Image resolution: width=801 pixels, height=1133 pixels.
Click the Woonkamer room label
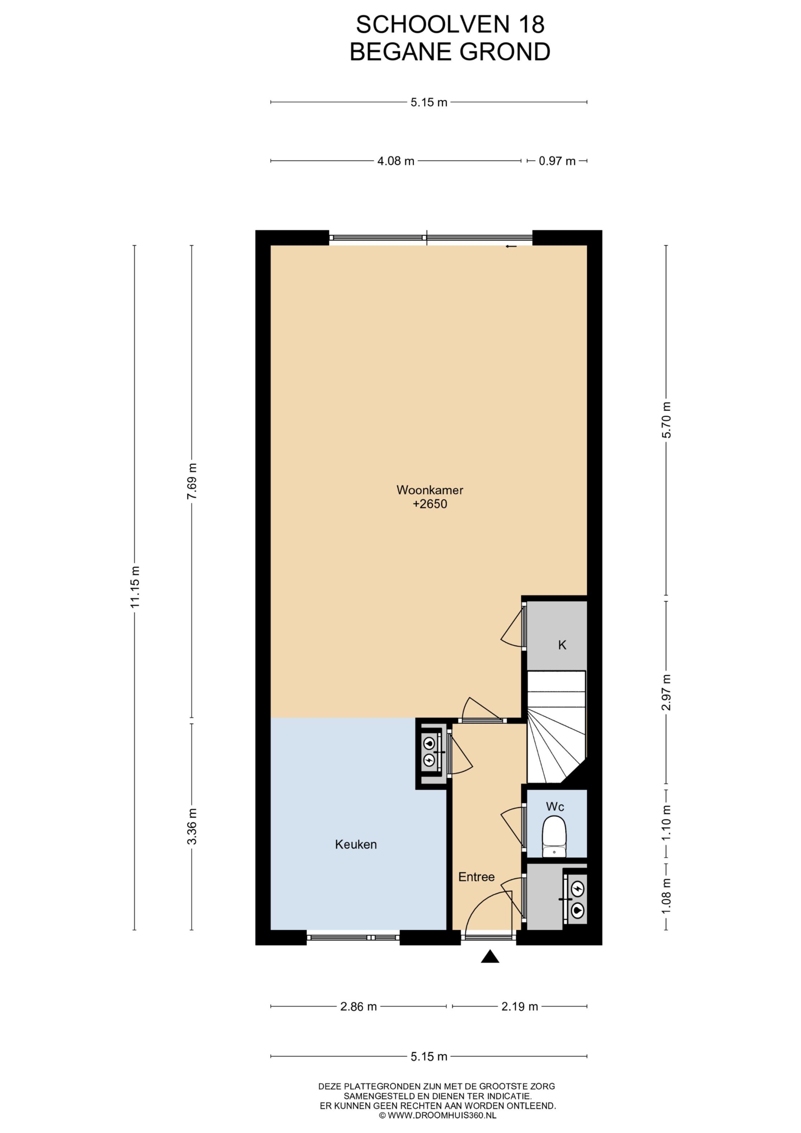click(430, 490)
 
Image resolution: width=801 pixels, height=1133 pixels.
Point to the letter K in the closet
click(562, 645)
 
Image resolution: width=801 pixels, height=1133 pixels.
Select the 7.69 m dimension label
click(192, 481)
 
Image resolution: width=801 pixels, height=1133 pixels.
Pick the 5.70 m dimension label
click(667, 420)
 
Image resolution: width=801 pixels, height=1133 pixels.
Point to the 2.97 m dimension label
click(667, 692)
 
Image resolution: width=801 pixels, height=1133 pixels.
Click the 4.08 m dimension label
click(396, 161)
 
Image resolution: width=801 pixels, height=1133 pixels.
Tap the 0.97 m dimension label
click(557, 161)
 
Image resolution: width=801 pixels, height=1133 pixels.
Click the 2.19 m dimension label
click(520, 1007)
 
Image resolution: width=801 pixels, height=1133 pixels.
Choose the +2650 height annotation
click(430, 504)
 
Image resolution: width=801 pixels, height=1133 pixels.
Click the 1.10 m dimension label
click(667, 823)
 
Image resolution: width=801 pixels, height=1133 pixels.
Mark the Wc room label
click(555, 807)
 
